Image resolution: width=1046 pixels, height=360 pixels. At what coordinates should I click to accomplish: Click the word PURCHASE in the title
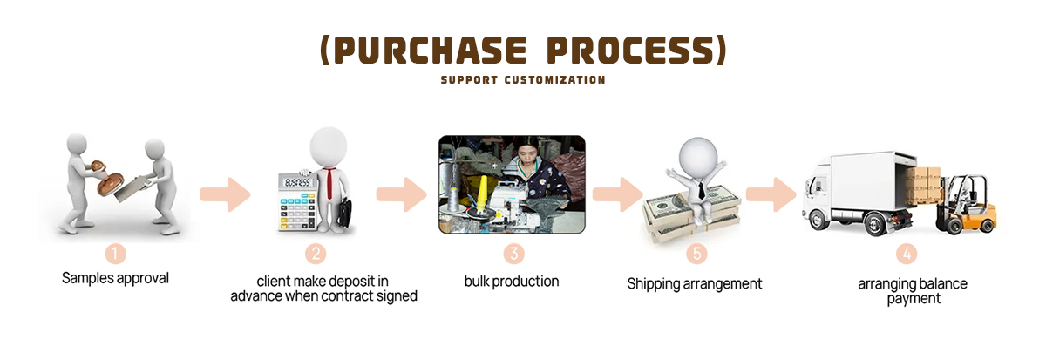(430, 50)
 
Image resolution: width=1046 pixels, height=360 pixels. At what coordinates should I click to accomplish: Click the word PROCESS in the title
(630, 50)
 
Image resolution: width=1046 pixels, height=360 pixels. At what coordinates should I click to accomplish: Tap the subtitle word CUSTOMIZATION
(554, 80)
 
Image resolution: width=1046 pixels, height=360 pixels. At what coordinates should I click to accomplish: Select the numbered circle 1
(115, 254)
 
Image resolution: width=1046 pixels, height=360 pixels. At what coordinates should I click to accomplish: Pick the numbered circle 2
(316, 254)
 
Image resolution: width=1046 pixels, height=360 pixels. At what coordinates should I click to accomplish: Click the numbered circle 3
(513, 254)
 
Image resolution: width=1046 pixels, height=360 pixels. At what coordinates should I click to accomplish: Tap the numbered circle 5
(696, 254)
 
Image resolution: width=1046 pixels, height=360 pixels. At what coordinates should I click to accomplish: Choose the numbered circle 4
(907, 254)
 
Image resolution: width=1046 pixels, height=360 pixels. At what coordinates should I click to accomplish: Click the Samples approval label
(115, 278)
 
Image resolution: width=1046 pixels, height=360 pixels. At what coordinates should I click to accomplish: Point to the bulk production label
(512, 281)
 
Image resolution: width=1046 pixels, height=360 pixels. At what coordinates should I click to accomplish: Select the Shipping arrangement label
(695, 284)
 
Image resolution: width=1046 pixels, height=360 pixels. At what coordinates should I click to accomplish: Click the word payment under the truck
(914, 299)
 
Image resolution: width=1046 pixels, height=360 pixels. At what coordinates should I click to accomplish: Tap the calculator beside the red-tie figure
(297, 201)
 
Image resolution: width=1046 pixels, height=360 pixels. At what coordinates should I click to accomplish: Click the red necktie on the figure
(329, 182)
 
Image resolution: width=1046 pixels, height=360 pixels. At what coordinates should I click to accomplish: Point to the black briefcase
(344, 213)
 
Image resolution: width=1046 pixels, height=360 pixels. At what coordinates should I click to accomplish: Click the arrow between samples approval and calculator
(225, 194)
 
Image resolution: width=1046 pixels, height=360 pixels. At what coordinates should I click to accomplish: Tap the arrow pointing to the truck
(771, 194)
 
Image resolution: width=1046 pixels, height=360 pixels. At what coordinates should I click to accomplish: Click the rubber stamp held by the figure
(108, 179)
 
